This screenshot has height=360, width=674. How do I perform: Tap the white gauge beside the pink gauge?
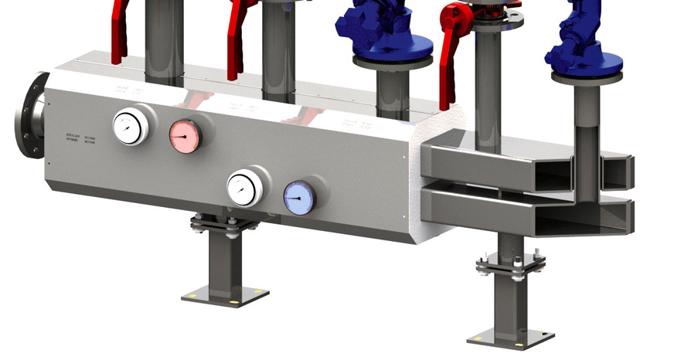[130, 127]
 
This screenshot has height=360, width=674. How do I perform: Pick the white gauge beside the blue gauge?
[244, 188]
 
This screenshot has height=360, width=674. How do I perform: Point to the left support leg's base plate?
[225, 295]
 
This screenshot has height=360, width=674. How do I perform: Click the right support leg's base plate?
[510, 338]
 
